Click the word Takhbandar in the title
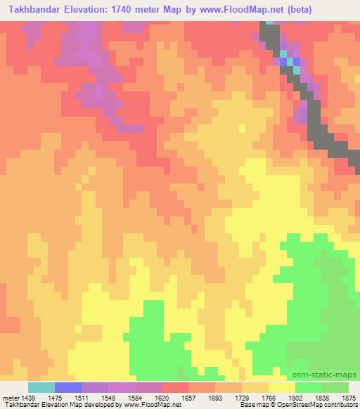coord(37,9)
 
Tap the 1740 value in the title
coord(129,9)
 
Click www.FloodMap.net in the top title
coord(231,9)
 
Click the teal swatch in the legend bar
coord(41,387)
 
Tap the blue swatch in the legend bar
coord(68,387)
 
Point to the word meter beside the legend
coord(11,397)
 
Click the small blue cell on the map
coord(285,62)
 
